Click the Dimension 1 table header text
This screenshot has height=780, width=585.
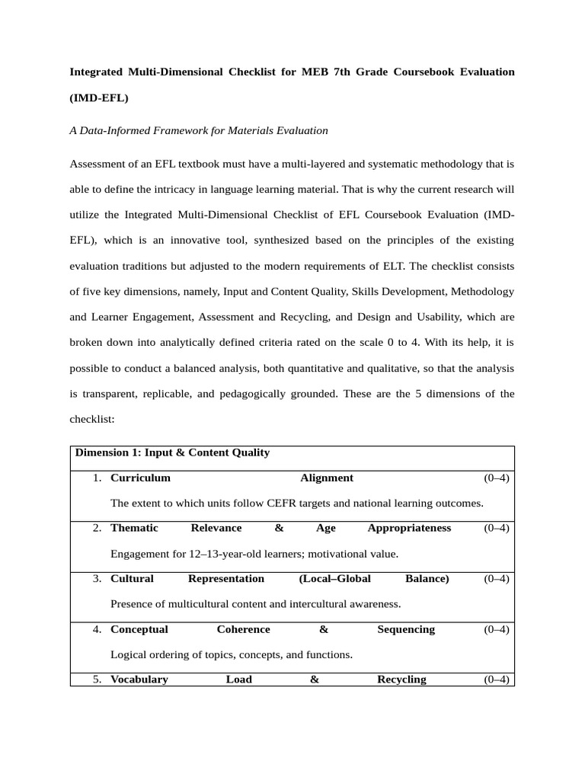tap(172, 452)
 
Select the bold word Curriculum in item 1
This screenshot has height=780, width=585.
tap(140, 478)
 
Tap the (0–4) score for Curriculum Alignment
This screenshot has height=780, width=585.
tap(497, 478)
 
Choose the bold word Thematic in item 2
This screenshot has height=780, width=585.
tap(134, 528)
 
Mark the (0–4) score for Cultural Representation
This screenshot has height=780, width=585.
tap(497, 578)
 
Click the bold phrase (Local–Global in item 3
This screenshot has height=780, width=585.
tap(335, 578)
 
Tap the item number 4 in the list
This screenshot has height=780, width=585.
tap(97, 629)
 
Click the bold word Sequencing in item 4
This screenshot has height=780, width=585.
tap(406, 629)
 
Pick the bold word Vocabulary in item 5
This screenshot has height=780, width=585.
tap(139, 679)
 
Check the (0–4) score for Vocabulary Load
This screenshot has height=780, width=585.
tap(497, 679)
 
